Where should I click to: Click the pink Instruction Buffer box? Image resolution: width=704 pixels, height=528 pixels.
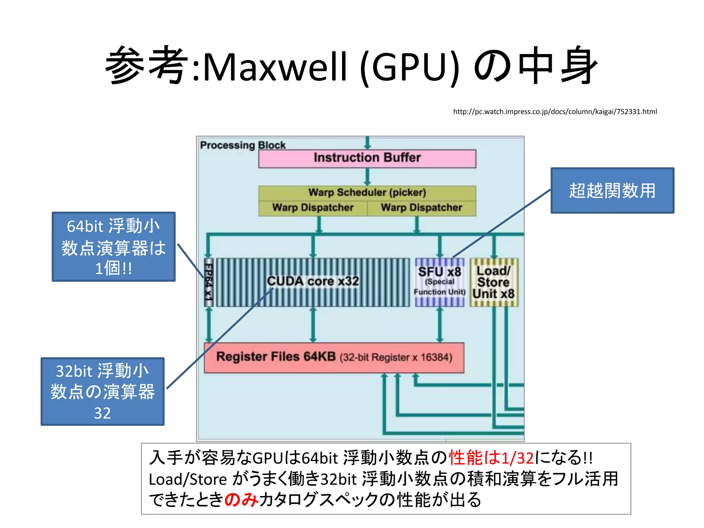pyautogui.click(x=367, y=158)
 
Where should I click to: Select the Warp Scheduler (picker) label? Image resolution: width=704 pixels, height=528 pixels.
pyautogui.click(x=367, y=192)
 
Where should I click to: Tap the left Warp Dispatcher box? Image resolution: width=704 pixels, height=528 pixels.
pyautogui.click(x=313, y=208)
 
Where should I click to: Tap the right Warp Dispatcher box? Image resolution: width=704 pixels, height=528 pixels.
pyautogui.click(x=421, y=208)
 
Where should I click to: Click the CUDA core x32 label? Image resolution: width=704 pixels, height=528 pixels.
pyautogui.click(x=313, y=281)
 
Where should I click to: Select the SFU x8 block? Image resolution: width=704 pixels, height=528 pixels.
pyautogui.click(x=440, y=282)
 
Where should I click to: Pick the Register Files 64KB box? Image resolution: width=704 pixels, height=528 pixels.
pyautogui.click(x=334, y=357)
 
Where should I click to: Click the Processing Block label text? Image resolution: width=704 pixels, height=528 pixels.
pyautogui.click(x=243, y=145)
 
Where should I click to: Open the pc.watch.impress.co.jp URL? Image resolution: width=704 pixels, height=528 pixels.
pyautogui.click(x=555, y=112)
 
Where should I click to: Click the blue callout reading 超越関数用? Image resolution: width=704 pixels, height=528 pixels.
pyautogui.click(x=612, y=191)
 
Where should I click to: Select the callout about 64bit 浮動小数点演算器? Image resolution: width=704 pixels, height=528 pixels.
pyautogui.click(x=113, y=247)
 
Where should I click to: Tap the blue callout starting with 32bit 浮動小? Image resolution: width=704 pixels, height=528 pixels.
pyautogui.click(x=102, y=392)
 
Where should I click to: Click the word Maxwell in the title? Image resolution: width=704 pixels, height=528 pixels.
pyautogui.click(x=275, y=67)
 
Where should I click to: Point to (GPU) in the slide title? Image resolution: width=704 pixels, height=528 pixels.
pyautogui.click(x=410, y=67)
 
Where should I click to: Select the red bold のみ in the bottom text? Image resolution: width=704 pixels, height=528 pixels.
pyautogui.click(x=241, y=499)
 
